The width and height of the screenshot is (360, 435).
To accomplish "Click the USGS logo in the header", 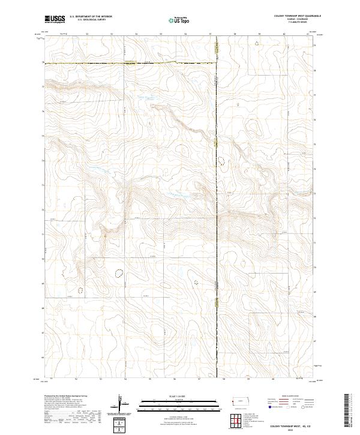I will (55, 19).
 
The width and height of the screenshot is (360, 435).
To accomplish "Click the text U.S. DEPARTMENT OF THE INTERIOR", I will (91, 17).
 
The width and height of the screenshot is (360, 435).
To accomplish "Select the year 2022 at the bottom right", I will (292, 430).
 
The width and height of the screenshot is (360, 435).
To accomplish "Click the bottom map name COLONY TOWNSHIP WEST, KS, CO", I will (292, 425).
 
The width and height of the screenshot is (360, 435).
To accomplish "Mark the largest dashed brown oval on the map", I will (119, 274).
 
